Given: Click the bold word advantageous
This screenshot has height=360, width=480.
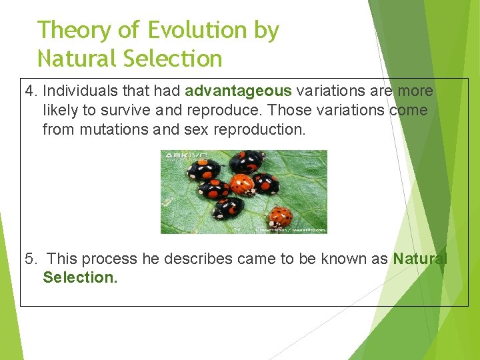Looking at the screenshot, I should coord(239,91).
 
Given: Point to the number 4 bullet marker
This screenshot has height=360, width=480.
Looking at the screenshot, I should coord(29,91).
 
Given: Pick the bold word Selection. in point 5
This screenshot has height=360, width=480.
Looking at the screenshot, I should coord(80,277).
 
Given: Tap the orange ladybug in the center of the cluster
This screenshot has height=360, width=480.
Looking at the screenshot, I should coord(242,185).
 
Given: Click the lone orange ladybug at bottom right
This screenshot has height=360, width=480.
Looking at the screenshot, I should coord(279,216).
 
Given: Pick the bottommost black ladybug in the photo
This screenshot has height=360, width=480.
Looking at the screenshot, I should coord(228,208).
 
